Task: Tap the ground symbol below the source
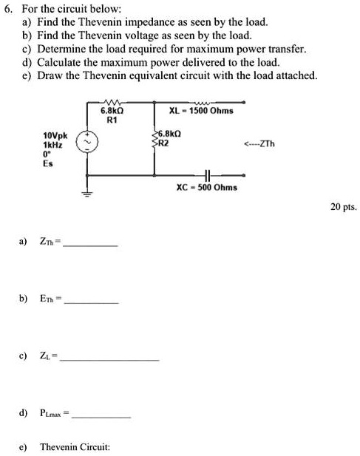pyautogui.click(x=90, y=196)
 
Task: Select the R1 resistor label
pyautogui.click(x=112, y=119)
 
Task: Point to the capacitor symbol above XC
pyautogui.click(x=207, y=175)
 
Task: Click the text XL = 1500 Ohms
pyautogui.click(x=201, y=111)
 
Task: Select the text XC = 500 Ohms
pyautogui.click(x=206, y=188)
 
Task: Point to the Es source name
pyautogui.click(x=48, y=162)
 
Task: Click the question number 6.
pyautogui.click(x=8, y=7)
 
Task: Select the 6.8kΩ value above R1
pyautogui.click(x=112, y=111)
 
